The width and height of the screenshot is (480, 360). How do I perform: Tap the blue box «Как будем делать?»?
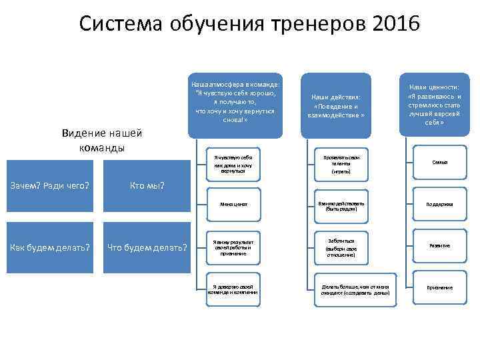coord(50,248)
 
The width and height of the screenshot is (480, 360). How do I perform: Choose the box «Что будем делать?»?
coord(148,248)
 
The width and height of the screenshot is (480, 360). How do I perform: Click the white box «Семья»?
coord(439,162)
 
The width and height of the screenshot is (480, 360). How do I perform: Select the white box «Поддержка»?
coord(439,204)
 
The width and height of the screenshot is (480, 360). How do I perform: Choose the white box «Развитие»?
coord(439,245)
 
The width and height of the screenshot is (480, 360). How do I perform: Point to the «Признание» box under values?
coord(439,287)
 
